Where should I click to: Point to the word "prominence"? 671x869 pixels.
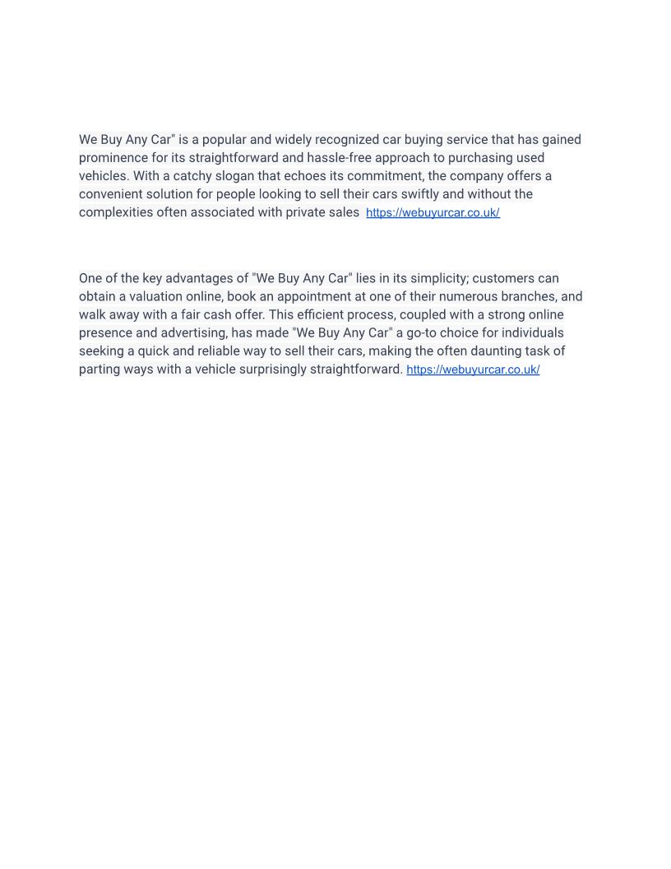point(113,158)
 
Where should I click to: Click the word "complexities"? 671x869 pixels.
point(116,212)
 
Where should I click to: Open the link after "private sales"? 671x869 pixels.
point(433,213)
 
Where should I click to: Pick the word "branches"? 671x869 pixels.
point(525,296)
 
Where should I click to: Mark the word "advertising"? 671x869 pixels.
point(192,332)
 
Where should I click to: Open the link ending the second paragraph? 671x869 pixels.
point(473,370)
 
